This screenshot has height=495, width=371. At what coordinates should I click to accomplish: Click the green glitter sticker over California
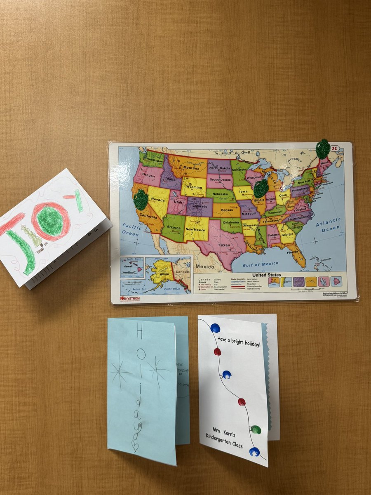click(141, 200)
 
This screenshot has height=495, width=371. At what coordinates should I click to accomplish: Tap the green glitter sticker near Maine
click(323, 149)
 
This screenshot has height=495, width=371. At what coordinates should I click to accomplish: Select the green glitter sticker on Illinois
click(261, 189)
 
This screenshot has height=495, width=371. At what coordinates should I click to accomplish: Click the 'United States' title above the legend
click(267, 275)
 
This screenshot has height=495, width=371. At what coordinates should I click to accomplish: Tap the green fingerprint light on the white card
click(256, 430)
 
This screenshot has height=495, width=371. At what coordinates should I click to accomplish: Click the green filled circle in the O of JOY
click(50, 221)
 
